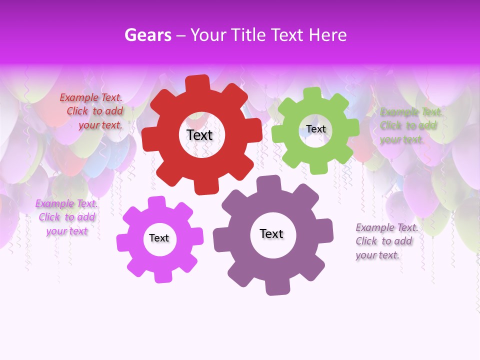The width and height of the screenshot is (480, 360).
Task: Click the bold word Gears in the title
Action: [147, 35]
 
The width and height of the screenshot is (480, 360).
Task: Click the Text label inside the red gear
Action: [199, 135]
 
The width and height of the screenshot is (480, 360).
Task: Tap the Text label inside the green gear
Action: [315, 129]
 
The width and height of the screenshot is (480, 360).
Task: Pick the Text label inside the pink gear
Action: [159, 238]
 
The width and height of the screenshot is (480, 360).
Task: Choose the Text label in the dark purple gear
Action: [271, 233]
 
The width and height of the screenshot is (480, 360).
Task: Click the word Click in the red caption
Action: [77, 111]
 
